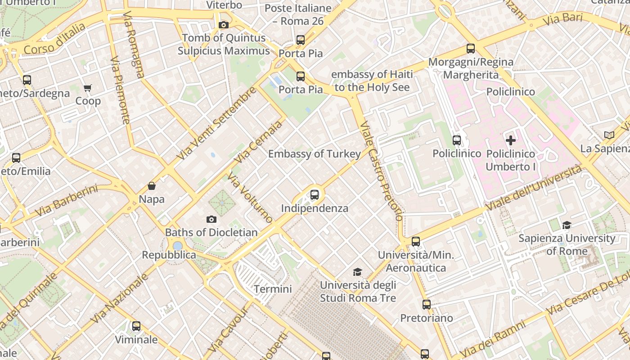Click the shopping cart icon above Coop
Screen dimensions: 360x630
click(x=87, y=88)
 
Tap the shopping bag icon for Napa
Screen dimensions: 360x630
click(x=152, y=186)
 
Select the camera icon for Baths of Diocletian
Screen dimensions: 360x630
click(x=211, y=220)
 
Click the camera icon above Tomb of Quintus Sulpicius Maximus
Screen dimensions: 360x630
click(x=224, y=25)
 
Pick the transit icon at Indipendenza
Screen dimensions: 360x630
click(x=315, y=195)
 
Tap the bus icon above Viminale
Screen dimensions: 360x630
click(x=136, y=326)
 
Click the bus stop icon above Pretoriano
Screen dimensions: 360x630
click(x=426, y=305)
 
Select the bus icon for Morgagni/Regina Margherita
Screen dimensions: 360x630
click(x=471, y=49)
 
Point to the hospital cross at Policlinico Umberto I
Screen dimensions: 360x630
click(x=511, y=140)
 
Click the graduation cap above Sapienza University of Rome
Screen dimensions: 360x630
click(x=567, y=225)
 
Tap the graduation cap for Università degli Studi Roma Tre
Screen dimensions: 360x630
click(x=357, y=272)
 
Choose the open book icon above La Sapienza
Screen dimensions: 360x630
click(x=609, y=135)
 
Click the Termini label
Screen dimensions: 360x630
click(x=273, y=289)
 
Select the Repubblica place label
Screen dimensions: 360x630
click(x=169, y=255)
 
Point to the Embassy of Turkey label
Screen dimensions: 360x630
click(x=314, y=154)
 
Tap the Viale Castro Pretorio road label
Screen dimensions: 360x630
click(x=381, y=171)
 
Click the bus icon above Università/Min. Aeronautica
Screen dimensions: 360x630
click(x=416, y=242)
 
